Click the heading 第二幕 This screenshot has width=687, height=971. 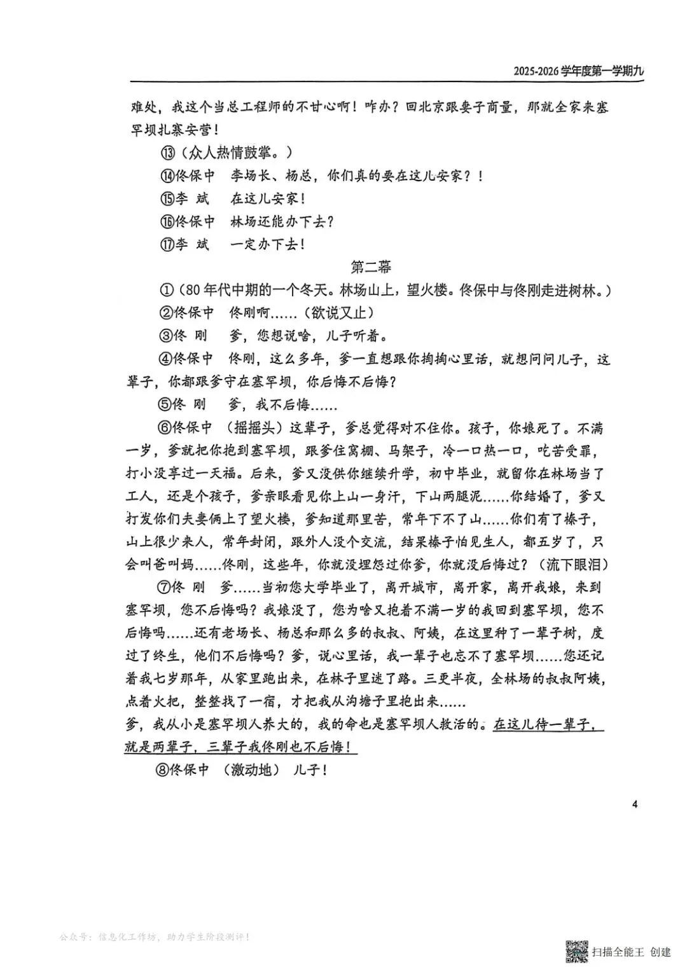pyautogui.click(x=371, y=266)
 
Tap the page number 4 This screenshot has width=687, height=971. pyautogui.click(x=634, y=804)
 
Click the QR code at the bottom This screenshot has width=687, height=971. pyautogui.click(x=576, y=950)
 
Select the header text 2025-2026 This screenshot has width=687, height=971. pyautogui.click(x=536, y=71)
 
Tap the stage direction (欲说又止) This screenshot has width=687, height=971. pyautogui.click(x=338, y=313)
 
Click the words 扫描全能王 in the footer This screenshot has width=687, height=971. pyautogui.click(x=617, y=952)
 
